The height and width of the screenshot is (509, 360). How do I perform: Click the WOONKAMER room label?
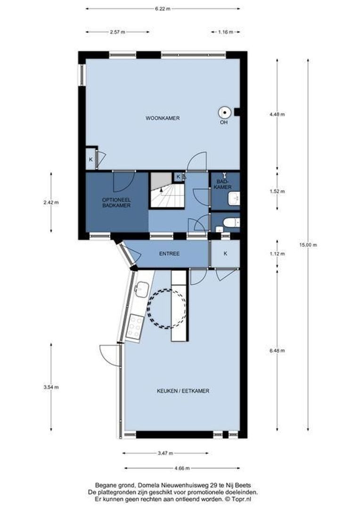[x=162, y=118]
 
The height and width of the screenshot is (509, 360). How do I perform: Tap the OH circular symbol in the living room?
[x=224, y=112]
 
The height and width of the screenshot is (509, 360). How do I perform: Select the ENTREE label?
[x=169, y=254]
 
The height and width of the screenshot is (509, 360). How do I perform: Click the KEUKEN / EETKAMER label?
[x=183, y=391]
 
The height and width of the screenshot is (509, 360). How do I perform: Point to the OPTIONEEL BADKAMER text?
[x=116, y=203]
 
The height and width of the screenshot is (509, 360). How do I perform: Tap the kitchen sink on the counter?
[x=141, y=289]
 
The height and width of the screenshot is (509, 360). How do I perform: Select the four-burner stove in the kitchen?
[x=135, y=327]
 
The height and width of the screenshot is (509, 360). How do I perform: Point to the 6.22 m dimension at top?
[x=163, y=8]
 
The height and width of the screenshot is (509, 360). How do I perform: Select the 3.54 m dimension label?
[x=51, y=387]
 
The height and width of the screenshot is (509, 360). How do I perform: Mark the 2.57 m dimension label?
[x=117, y=32]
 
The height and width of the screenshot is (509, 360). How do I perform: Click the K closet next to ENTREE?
[x=225, y=254]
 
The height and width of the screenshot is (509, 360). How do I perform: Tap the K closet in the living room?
[x=90, y=160]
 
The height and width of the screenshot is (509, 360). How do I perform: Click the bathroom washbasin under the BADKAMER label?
[x=234, y=199]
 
